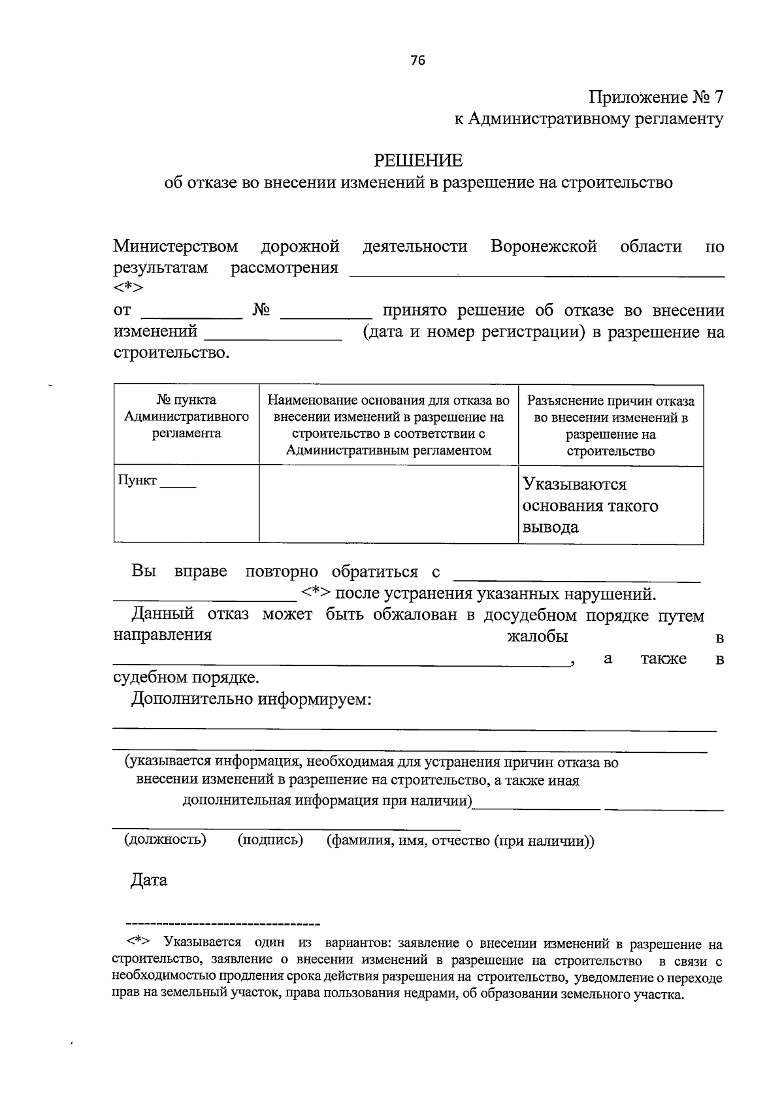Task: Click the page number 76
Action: pos(417,61)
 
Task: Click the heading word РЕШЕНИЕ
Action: pos(417,160)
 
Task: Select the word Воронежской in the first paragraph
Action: pos(544,246)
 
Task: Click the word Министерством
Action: pos(176,246)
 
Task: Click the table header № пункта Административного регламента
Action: pos(186,416)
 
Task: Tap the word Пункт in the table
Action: pos(137,480)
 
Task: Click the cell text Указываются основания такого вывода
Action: pos(590,505)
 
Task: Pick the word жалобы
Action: pos(537,636)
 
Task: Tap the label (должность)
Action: pos(165,839)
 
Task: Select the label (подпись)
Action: pos(270,839)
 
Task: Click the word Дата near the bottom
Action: pos(149,880)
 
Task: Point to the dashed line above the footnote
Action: pos(222,924)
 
